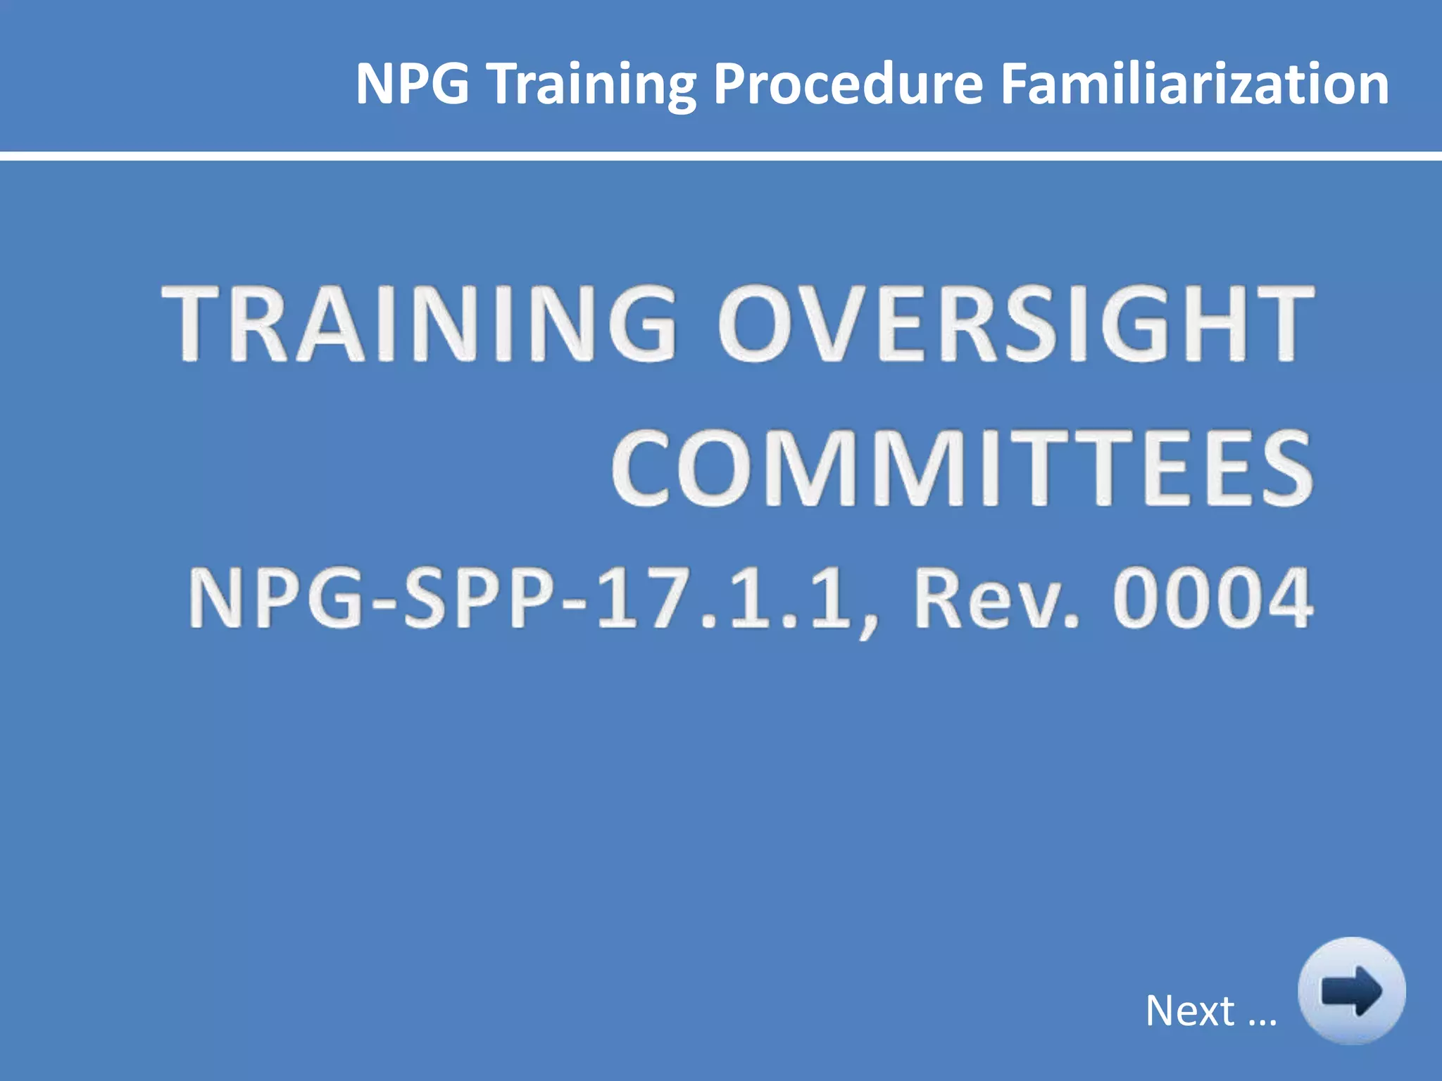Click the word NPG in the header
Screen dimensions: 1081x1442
click(412, 84)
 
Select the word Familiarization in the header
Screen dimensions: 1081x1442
click(1194, 84)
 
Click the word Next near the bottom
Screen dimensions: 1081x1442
click(1190, 1011)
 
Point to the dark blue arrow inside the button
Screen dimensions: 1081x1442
click(1351, 991)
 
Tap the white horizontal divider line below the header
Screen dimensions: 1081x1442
click(721, 156)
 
